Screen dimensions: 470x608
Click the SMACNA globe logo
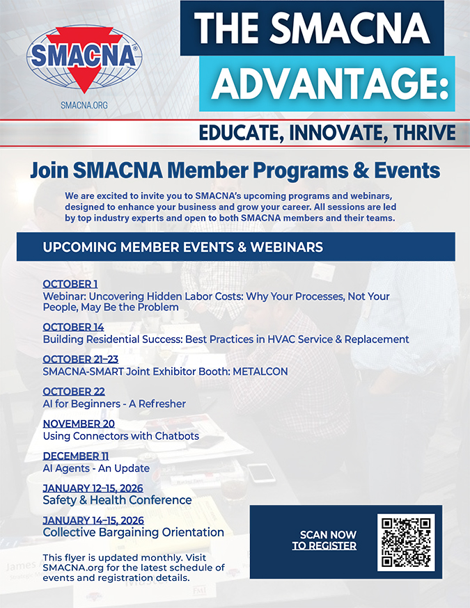84,59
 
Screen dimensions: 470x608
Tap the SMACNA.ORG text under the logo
84,104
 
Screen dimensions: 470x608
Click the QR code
406,542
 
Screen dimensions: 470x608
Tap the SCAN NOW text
328,535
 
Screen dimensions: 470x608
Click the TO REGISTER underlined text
324,545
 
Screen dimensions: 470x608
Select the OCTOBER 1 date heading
70,284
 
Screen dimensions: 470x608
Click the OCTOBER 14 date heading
73,327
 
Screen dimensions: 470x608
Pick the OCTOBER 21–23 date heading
80,359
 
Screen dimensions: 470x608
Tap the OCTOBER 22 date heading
74,391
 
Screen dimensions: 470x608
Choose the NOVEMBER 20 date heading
79,424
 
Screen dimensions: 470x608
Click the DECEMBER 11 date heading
76,456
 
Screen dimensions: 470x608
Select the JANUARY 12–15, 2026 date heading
93,488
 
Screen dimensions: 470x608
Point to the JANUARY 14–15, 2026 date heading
93,520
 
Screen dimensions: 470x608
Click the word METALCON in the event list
260,371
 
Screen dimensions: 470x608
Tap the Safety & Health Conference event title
117,499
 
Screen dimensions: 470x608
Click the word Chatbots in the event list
177,436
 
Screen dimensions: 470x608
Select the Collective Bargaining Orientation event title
134,532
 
